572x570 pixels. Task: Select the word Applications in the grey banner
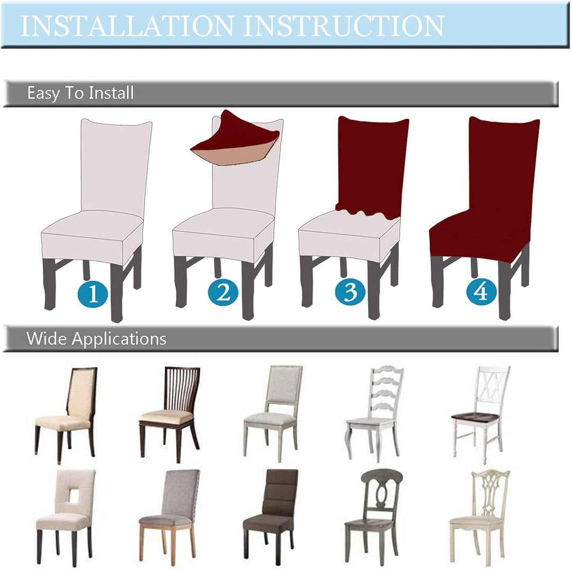pyautogui.click(x=119, y=339)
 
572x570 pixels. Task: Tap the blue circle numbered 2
pyautogui.click(x=224, y=292)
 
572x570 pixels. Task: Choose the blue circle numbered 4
pyautogui.click(x=481, y=291)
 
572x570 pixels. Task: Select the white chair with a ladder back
pyautogui.click(x=374, y=414)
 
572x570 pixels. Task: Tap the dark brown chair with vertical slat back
pyautogui.click(x=170, y=414)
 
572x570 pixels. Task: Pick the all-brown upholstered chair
pyautogui.click(x=270, y=516)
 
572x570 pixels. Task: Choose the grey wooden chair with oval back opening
pyautogui.click(x=373, y=516)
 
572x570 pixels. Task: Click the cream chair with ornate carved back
pyautogui.click(x=479, y=518)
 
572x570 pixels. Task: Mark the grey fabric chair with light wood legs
pyautogui.click(x=170, y=516)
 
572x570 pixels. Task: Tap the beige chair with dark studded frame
pyautogui.click(x=66, y=415)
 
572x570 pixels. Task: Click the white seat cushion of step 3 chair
pyautogui.click(x=348, y=237)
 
